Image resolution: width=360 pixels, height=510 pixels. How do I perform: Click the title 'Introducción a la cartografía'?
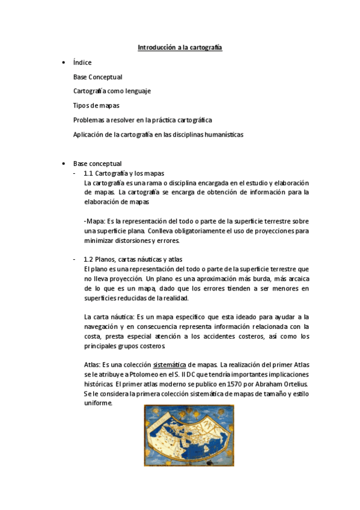coord(180,47)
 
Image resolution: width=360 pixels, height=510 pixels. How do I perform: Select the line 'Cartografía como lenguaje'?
coord(112,91)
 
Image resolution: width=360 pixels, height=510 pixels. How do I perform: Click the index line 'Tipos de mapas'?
coord(96,106)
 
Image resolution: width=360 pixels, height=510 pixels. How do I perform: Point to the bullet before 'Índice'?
coord(64,63)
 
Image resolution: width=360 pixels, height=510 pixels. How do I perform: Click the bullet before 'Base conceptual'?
coord(64,164)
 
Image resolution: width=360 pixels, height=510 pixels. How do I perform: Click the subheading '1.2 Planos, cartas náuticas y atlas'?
coord(137,259)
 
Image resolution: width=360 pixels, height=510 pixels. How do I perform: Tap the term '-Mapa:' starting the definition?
coord(94,222)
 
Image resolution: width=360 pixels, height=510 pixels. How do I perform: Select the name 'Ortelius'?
coord(292,384)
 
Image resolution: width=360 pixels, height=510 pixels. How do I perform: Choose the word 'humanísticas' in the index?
coord(224,135)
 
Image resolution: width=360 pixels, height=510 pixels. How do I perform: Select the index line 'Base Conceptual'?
coord(97,77)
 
